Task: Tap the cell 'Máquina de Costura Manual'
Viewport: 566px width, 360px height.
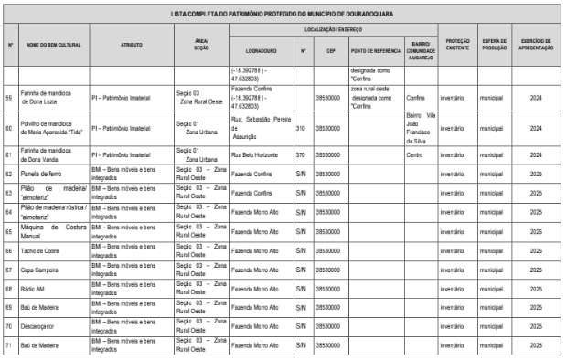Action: (52, 232)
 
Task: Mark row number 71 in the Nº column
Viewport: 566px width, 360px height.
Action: (9, 344)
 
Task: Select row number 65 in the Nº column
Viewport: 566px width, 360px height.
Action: (9, 232)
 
